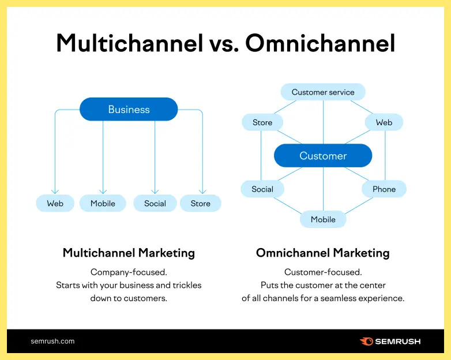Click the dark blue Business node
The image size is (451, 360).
pyautogui.click(x=129, y=109)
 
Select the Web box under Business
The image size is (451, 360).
pyautogui.click(x=55, y=203)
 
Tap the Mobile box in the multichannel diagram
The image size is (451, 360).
pyautogui.click(x=103, y=203)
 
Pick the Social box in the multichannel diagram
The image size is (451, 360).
pyautogui.click(x=155, y=203)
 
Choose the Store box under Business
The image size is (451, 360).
pyautogui.click(x=201, y=203)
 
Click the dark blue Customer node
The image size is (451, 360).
pyautogui.click(x=323, y=156)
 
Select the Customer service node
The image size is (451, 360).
pyautogui.click(x=323, y=92)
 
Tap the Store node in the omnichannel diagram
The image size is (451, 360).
pyautogui.click(x=262, y=122)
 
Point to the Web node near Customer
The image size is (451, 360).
pyautogui.click(x=384, y=122)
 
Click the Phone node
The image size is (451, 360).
pyautogui.click(x=384, y=189)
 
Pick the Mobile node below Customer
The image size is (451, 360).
pyautogui.click(x=323, y=219)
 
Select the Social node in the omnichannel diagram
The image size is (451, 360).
pyautogui.click(x=262, y=189)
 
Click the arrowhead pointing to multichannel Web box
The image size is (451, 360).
pyautogui.click(x=55, y=192)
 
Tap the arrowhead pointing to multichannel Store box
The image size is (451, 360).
pyautogui.click(x=202, y=192)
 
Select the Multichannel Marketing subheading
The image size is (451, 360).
pyautogui.click(x=129, y=253)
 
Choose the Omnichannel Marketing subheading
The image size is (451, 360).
pyautogui.click(x=323, y=253)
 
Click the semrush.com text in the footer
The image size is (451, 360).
pyautogui.click(x=52, y=341)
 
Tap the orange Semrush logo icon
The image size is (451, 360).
pyautogui.click(x=366, y=341)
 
